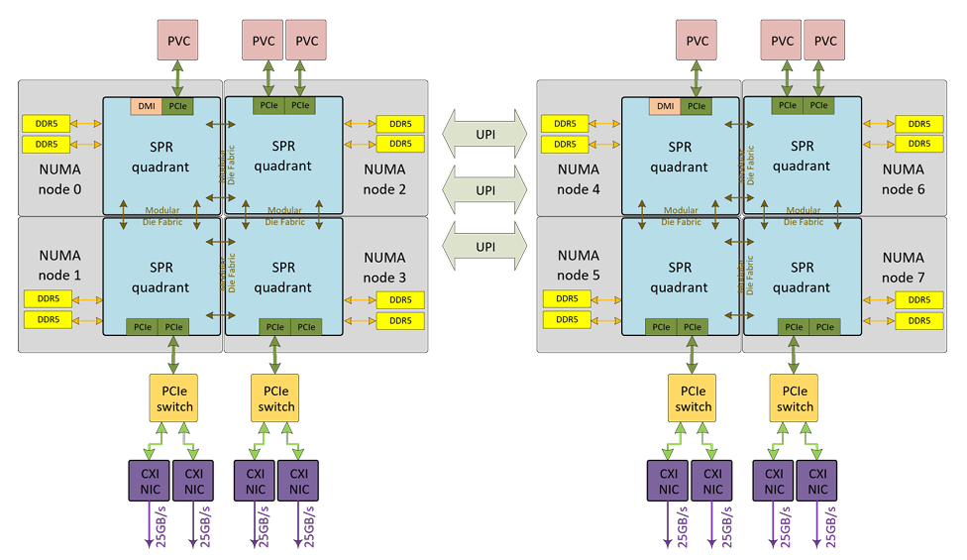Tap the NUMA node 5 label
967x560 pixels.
coord(579,265)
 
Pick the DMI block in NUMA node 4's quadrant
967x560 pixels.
coord(666,106)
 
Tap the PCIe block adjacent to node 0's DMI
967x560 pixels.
coord(179,106)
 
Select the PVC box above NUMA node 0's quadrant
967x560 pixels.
coord(178,41)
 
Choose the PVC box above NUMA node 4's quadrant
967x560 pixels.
coord(697,41)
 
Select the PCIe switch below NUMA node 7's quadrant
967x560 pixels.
coord(795,398)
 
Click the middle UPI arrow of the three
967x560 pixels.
coord(485,189)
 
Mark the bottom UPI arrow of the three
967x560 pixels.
coord(485,246)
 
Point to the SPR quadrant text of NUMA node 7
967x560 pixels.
coord(802,278)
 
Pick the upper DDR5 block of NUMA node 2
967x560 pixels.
coord(400,124)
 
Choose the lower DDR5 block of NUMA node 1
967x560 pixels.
coord(47,319)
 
